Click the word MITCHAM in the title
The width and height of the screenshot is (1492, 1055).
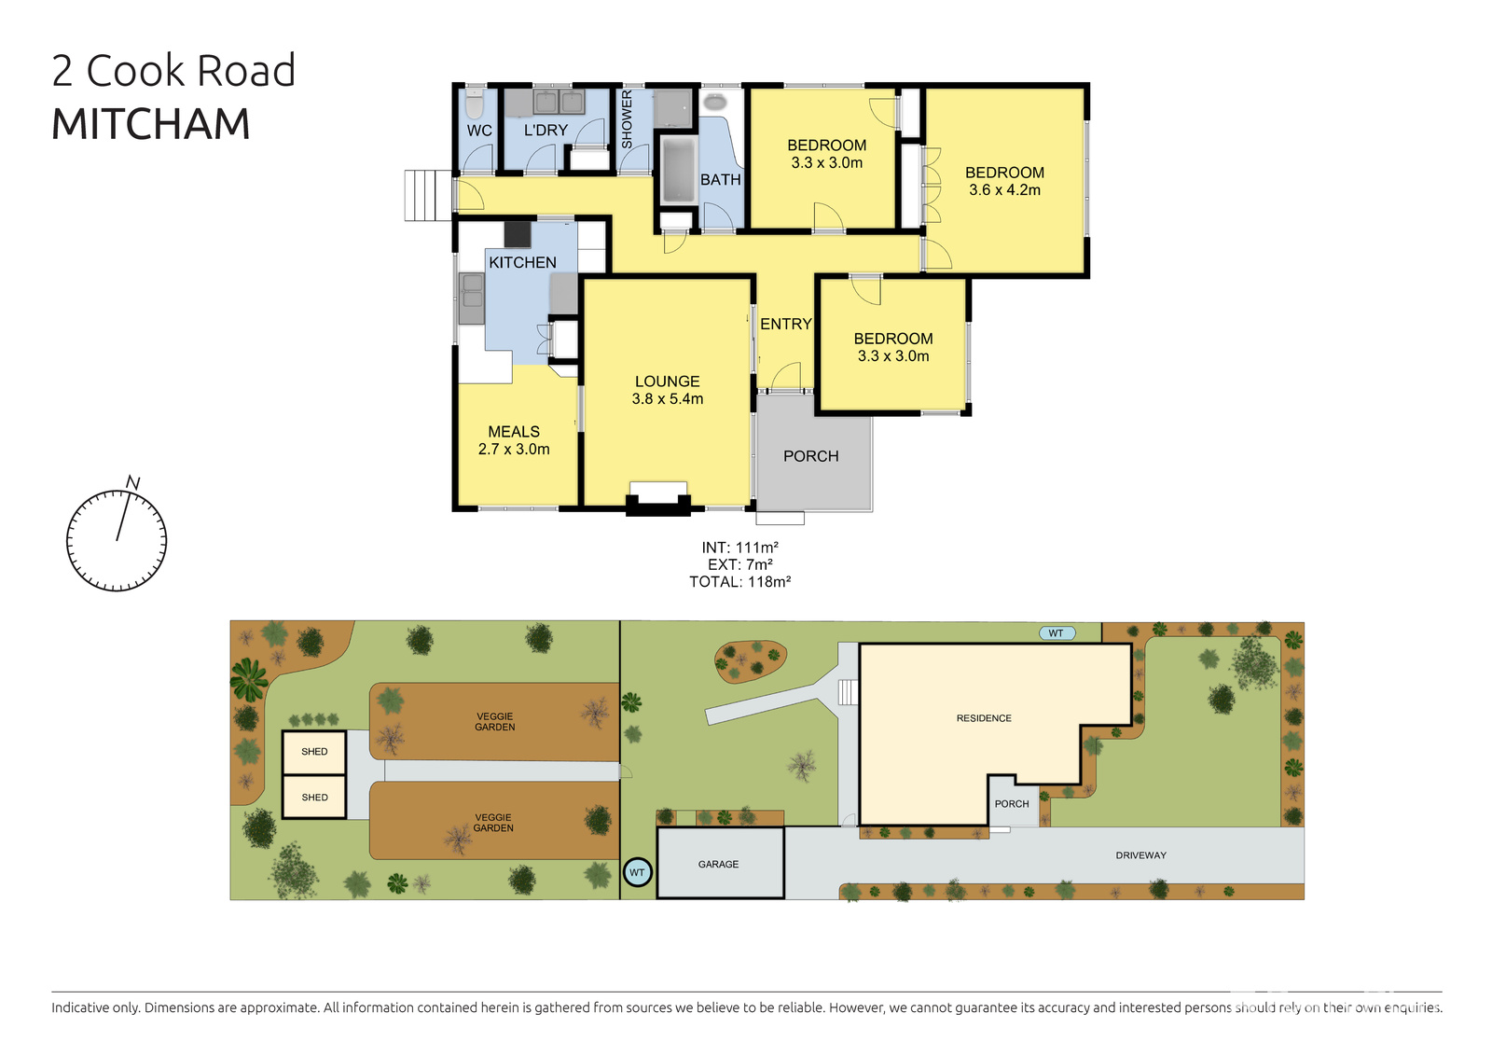(150, 124)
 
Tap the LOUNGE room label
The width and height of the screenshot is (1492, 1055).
(667, 382)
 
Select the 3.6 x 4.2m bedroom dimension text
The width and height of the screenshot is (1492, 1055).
(1004, 190)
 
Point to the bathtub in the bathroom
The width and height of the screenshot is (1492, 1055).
(678, 170)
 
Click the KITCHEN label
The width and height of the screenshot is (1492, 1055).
(522, 263)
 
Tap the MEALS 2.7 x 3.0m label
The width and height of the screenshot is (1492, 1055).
(514, 440)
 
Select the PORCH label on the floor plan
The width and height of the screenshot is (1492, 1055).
(810, 456)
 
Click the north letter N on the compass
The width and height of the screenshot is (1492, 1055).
(133, 483)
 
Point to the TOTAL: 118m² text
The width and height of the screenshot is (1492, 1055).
(739, 582)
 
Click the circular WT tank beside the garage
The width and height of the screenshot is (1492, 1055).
(637, 873)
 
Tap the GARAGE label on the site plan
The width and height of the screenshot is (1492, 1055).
(718, 865)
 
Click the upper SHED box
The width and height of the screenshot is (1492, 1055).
(314, 752)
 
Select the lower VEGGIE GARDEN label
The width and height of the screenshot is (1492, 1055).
(493, 823)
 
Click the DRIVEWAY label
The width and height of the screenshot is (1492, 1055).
(1140, 855)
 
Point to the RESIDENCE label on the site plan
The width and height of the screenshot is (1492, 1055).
(984, 718)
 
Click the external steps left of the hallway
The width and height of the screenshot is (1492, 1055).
(428, 195)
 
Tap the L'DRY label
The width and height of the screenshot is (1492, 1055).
(546, 131)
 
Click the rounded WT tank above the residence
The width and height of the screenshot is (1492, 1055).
(1057, 633)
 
